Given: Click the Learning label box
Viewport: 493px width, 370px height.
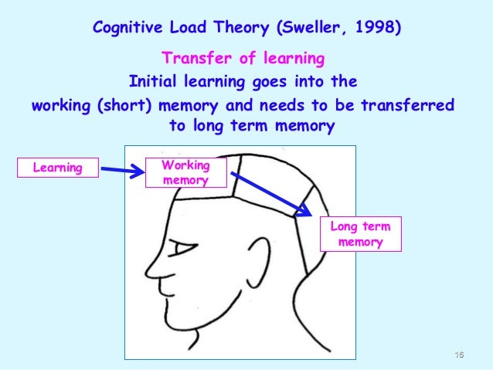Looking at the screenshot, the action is tap(58, 167).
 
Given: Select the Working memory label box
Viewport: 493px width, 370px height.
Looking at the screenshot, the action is tap(185, 172).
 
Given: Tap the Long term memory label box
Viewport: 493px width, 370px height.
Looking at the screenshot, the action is tap(360, 234).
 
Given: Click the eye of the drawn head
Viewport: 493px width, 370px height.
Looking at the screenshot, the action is tap(182, 249).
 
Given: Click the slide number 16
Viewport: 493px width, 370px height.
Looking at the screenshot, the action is tap(459, 355).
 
